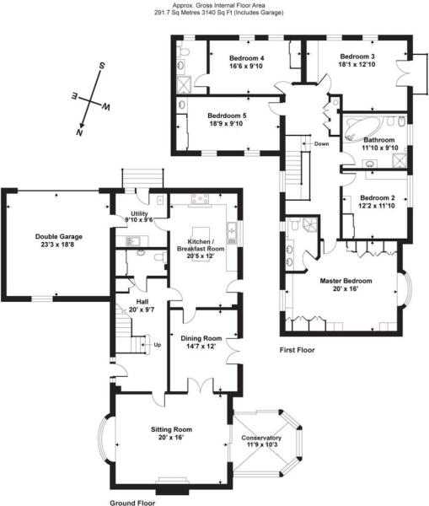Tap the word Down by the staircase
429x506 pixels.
tap(321, 143)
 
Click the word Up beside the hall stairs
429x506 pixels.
tap(157, 344)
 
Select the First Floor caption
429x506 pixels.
tap(298, 348)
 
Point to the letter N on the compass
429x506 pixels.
tap(79, 132)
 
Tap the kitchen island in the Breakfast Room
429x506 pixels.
tap(202, 232)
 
